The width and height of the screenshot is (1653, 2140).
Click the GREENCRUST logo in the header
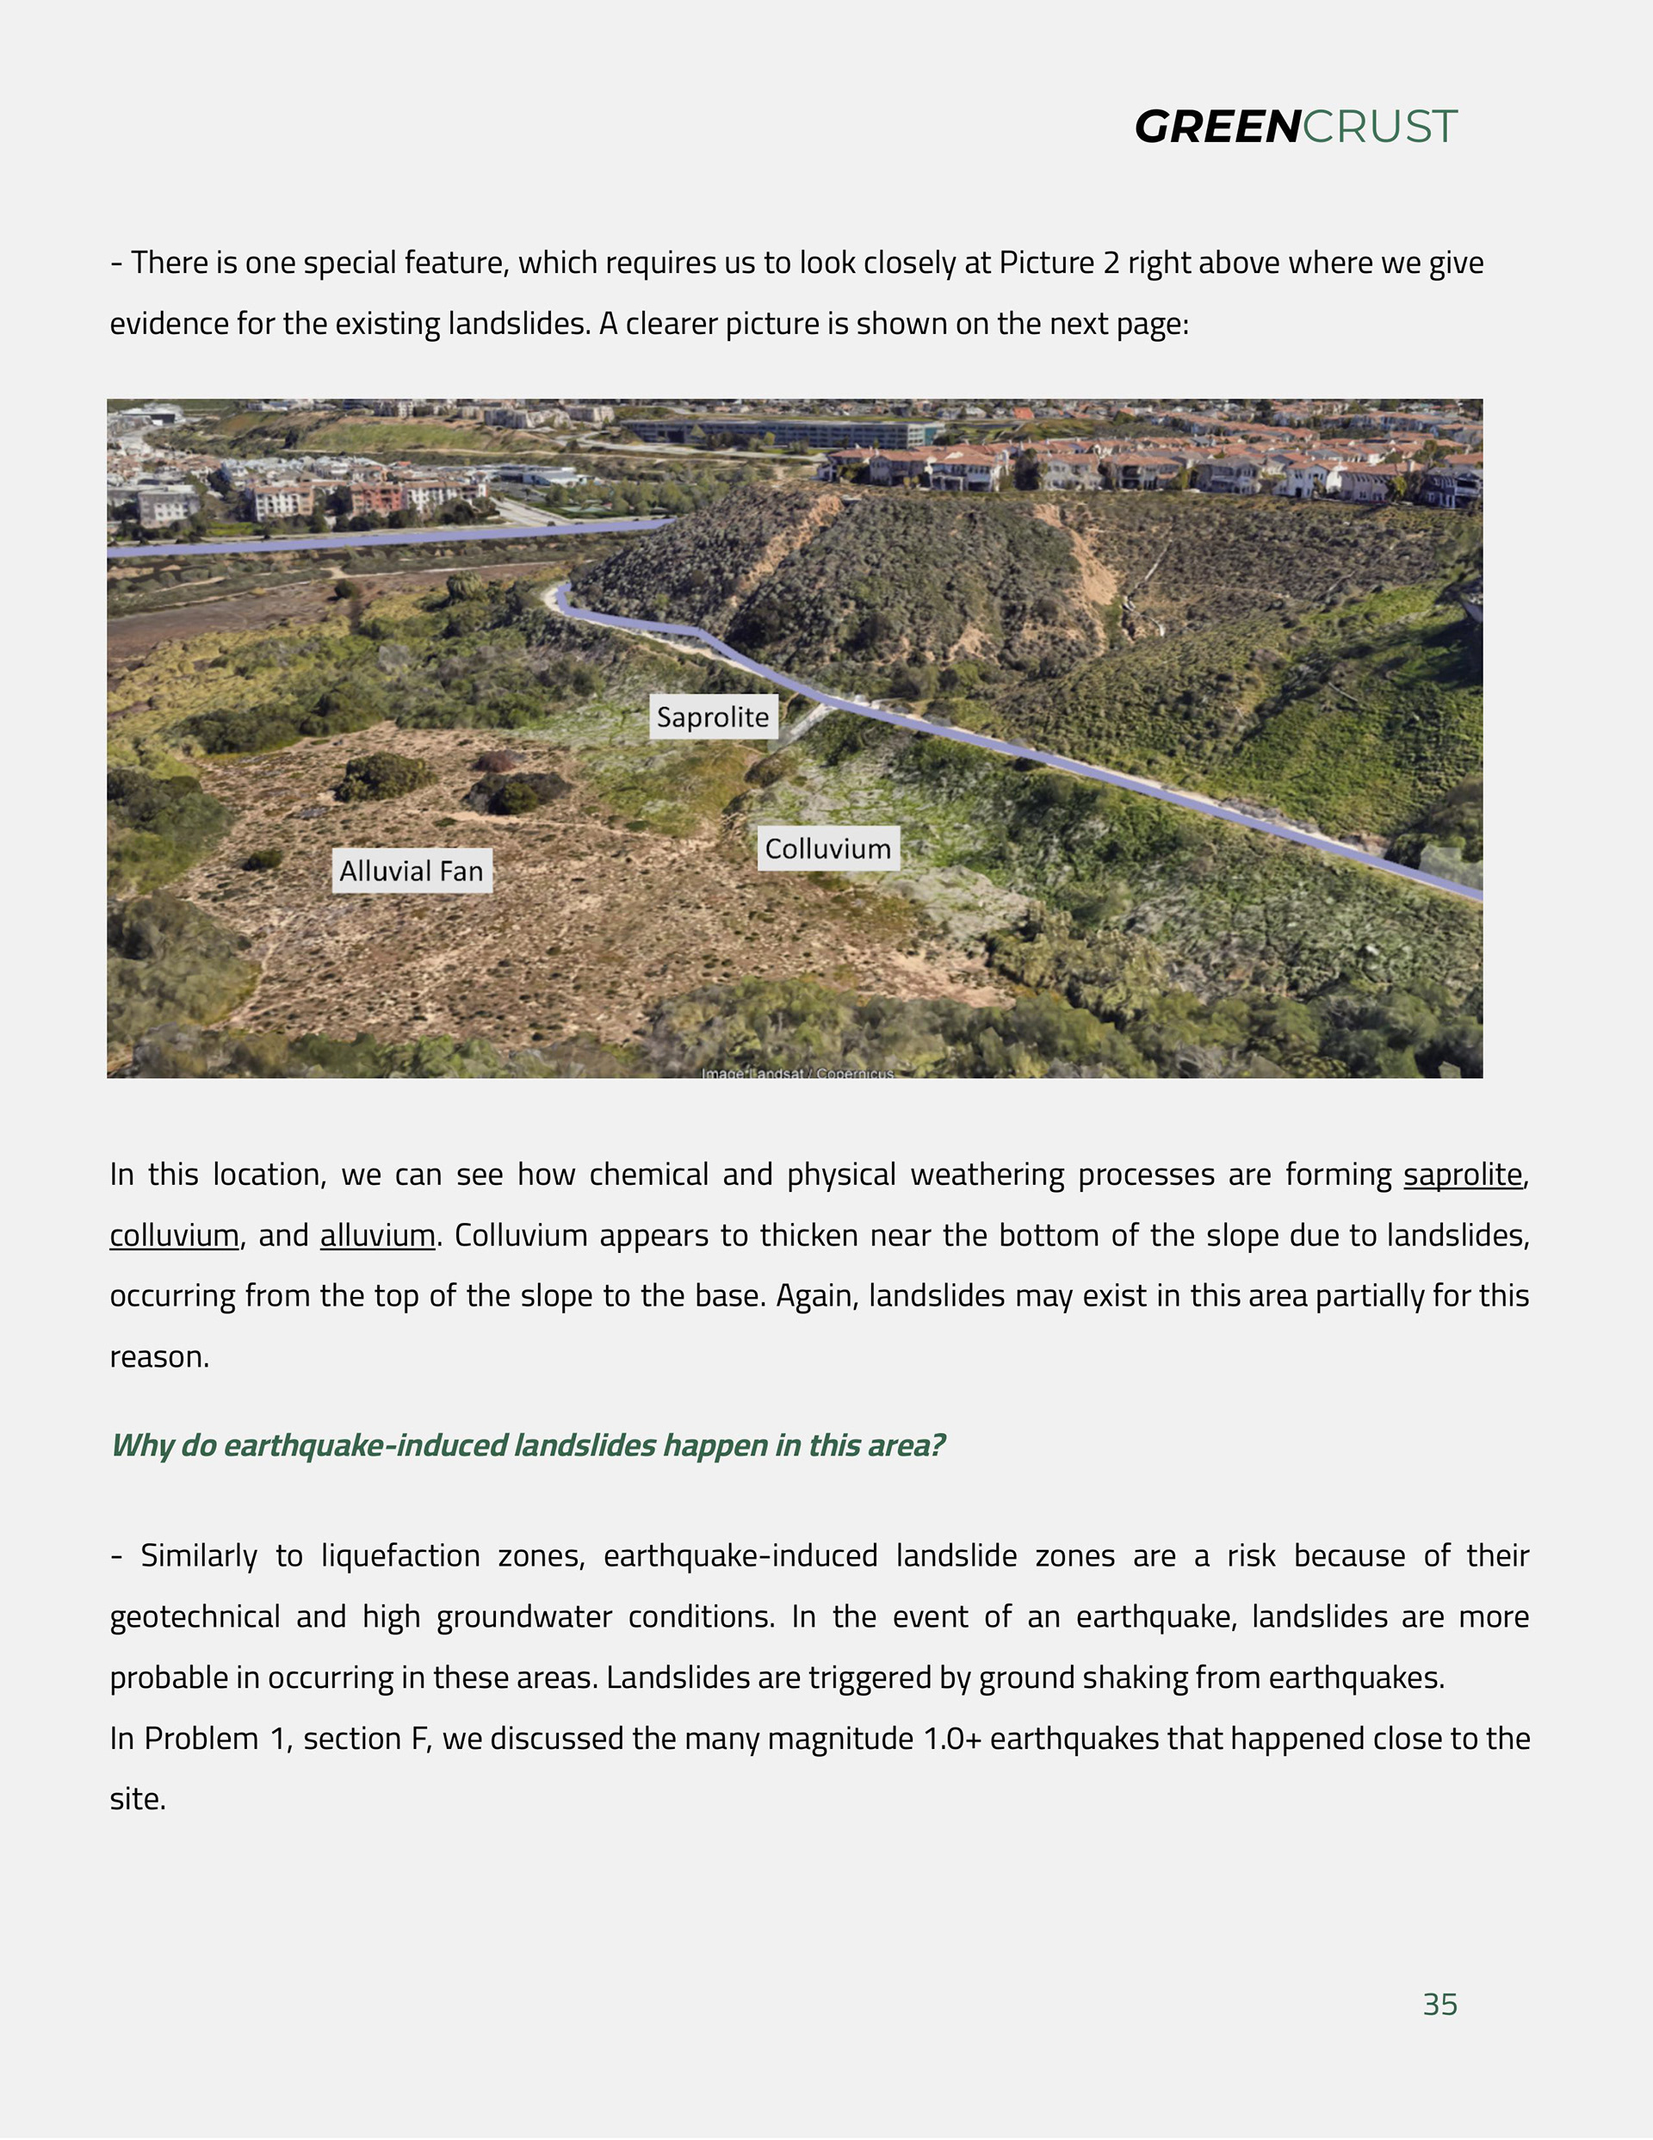[1296, 127]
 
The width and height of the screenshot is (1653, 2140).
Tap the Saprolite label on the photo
[712, 717]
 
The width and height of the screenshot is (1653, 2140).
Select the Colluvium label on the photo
[828, 848]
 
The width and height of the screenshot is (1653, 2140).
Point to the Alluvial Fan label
[412, 872]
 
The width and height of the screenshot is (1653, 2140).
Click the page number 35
[1439, 2004]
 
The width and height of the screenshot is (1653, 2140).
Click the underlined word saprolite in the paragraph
[1462, 1174]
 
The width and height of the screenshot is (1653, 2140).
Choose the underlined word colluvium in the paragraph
[173, 1235]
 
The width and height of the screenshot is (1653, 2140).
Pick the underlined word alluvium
[377, 1235]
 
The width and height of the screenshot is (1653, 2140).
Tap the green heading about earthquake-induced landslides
[527, 1445]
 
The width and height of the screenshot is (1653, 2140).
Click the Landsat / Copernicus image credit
[796, 1074]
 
